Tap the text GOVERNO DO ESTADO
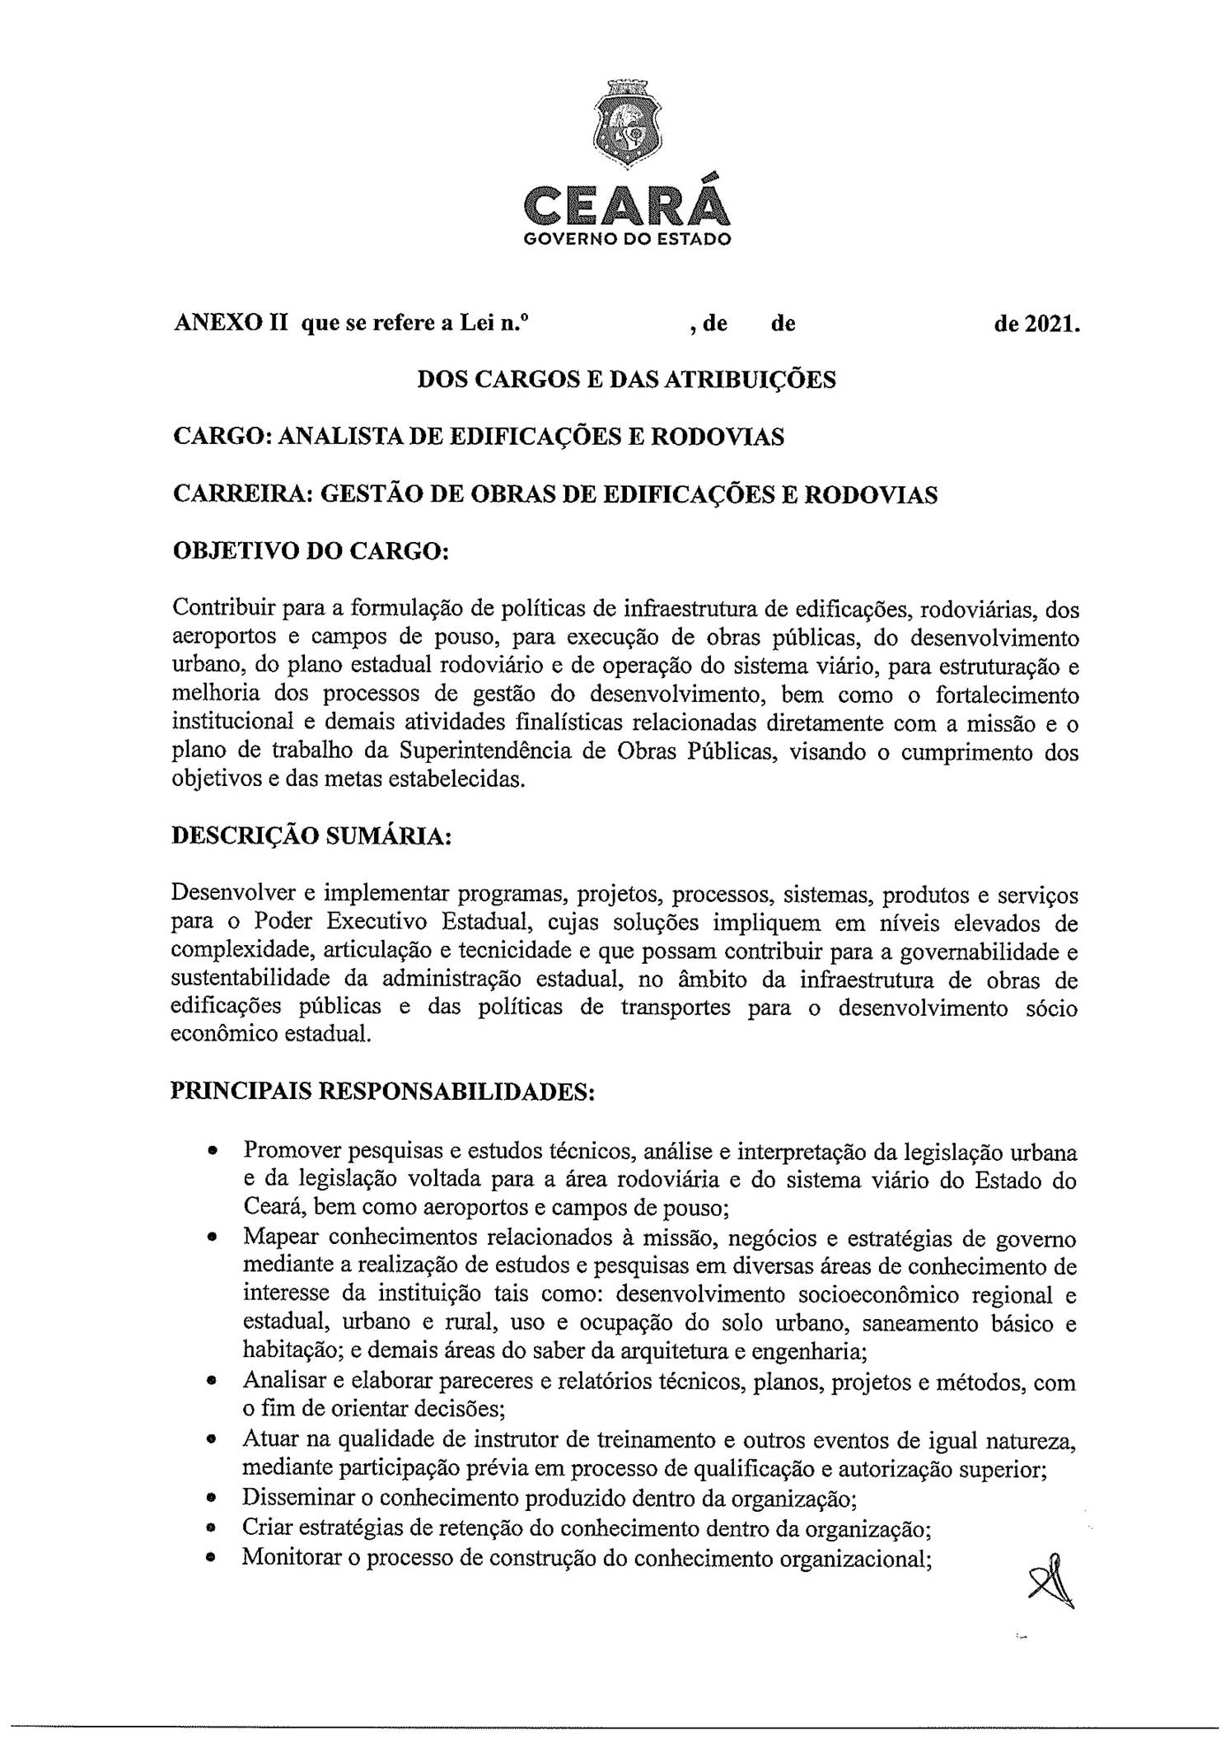point(627,241)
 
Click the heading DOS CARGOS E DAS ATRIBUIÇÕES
point(626,380)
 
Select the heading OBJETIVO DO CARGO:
point(310,551)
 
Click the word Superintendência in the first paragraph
point(492,751)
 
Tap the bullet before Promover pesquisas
point(213,1149)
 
